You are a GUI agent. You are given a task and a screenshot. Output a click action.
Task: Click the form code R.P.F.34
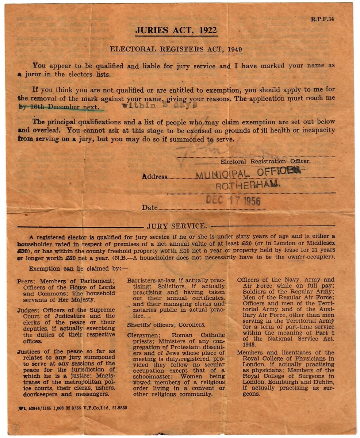tap(322, 19)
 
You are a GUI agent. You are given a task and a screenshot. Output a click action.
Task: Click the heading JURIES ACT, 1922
tap(176, 30)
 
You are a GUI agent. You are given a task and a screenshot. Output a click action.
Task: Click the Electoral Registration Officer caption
tap(265, 161)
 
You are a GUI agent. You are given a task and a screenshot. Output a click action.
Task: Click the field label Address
tap(155, 177)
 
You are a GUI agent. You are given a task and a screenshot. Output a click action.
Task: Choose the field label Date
tap(150, 208)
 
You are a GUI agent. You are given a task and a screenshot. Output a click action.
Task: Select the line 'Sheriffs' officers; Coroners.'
tap(166, 324)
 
